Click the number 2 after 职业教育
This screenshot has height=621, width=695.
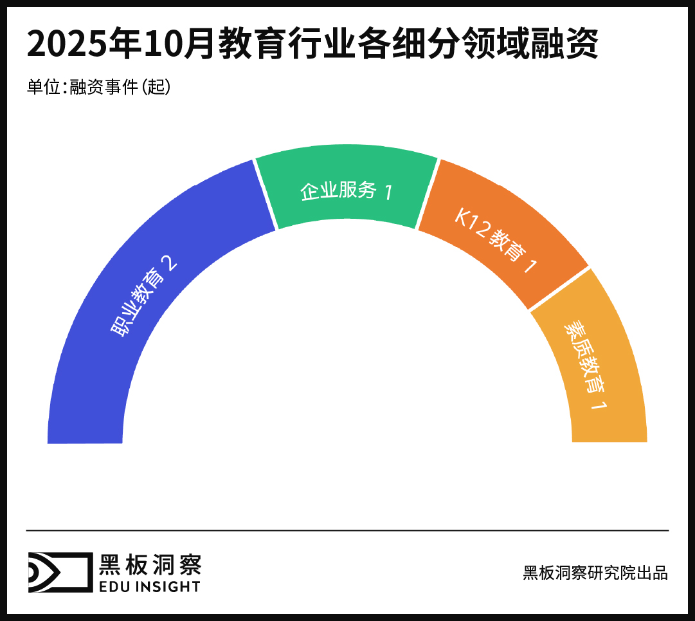point(168,264)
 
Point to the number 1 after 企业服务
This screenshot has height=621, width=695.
point(388,192)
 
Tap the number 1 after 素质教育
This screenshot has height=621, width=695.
point(599,406)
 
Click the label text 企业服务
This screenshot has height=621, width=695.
point(338,190)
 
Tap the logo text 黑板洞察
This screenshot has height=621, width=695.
point(150,564)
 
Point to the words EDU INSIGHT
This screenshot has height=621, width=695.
point(149,586)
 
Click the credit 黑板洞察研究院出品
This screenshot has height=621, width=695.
point(595,572)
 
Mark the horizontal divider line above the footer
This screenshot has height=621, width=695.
point(347,530)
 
